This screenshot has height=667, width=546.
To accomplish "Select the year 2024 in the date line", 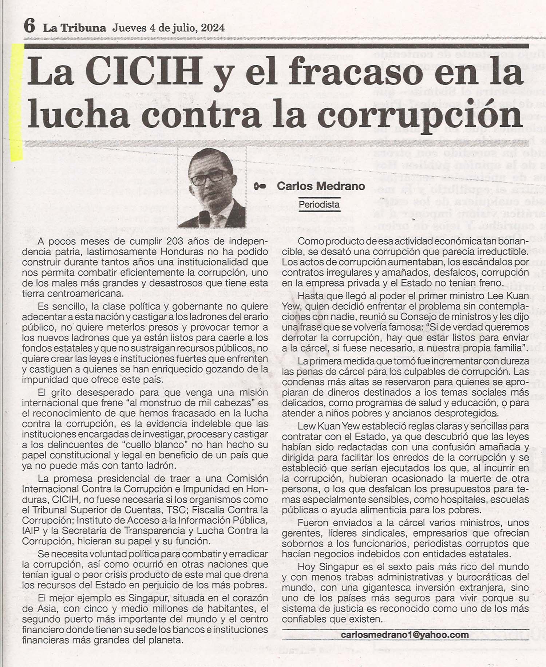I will click(211, 28).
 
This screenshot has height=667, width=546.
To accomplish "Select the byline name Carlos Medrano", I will click(321, 186).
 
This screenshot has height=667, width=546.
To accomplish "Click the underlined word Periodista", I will click(319, 204).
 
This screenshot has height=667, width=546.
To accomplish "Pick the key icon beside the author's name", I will click(260, 186).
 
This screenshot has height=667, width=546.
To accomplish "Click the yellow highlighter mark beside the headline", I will click(16, 102).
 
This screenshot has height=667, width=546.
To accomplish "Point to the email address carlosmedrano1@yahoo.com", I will click(405, 635).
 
